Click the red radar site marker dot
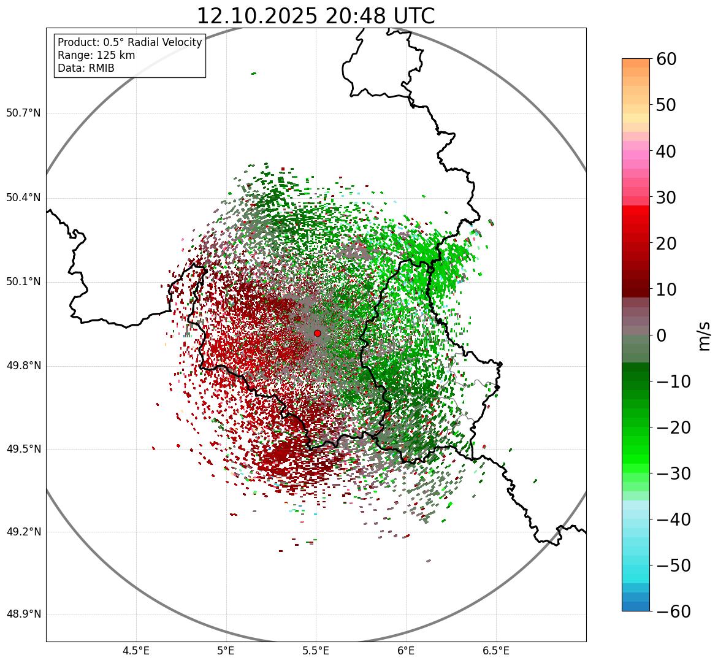coord(317,333)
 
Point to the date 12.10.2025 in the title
coord(258,16)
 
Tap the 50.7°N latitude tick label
coord(23,113)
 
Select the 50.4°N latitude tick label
coord(23,197)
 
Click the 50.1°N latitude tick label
coord(23,282)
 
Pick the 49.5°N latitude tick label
coord(23,450)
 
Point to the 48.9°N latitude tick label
coord(23,615)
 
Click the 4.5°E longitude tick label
coord(136,651)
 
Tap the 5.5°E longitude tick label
coord(316,651)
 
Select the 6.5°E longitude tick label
coord(496,651)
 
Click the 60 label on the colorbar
coord(666,59)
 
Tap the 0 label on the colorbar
coord(662,335)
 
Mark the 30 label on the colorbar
coord(666,197)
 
